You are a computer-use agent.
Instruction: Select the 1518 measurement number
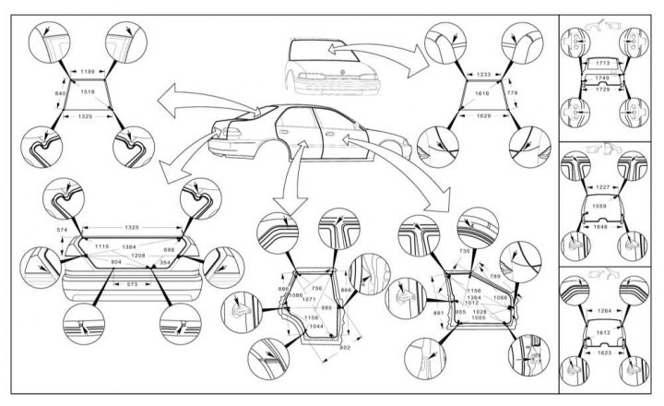point(88,92)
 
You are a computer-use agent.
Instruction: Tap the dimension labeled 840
point(61,94)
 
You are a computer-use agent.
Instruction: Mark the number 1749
point(604,78)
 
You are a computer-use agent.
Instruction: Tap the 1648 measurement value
point(604,225)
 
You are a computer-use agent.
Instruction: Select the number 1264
point(604,310)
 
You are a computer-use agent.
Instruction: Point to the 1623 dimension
point(604,352)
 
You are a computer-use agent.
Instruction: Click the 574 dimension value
point(63,229)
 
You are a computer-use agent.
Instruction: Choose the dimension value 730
point(464,251)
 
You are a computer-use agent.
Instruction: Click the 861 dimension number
point(437,312)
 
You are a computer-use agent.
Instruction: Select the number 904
point(116,262)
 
